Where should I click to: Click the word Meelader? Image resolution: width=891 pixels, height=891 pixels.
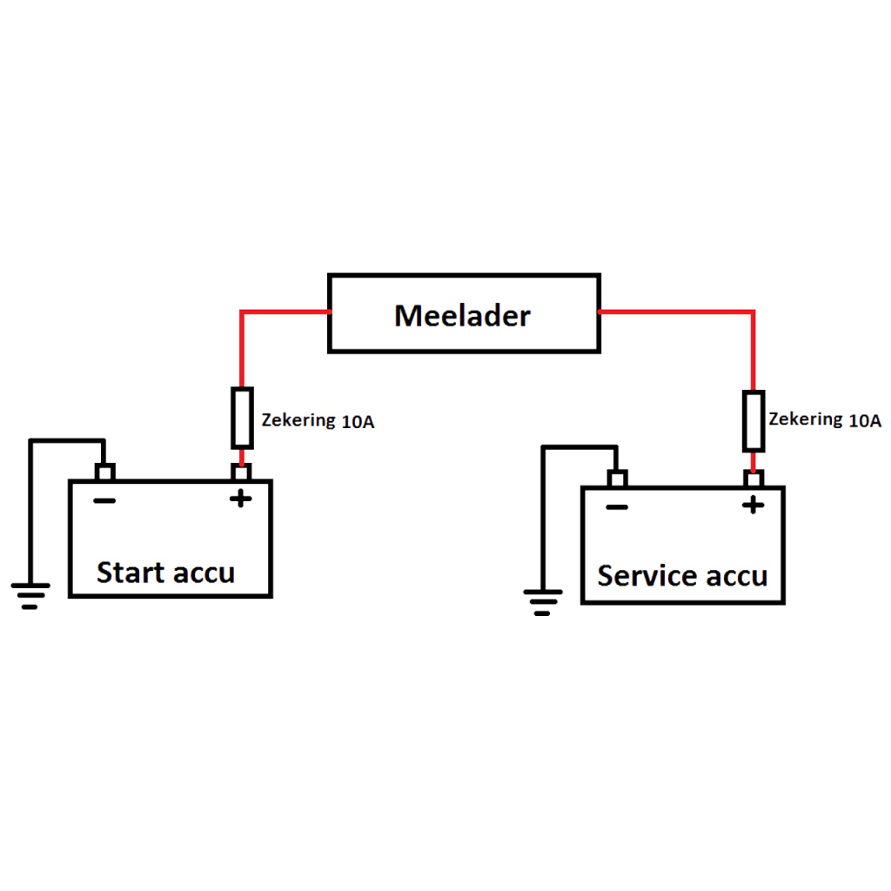[x=462, y=315]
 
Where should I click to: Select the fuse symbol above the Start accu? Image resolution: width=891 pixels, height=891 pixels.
[x=243, y=417]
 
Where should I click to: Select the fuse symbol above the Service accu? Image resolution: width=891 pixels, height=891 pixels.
[x=754, y=421]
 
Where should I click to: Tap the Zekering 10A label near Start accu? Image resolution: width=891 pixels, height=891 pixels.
[x=318, y=421]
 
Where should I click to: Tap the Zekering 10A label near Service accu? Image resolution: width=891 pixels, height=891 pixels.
[x=825, y=420]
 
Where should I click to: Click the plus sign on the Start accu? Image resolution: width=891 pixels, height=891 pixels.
[x=240, y=499]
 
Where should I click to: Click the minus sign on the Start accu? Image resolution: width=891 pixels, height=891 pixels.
[x=104, y=500]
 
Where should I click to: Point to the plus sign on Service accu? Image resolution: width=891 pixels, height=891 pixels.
[x=753, y=505]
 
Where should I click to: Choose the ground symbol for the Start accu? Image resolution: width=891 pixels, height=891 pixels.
[x=30, y=595]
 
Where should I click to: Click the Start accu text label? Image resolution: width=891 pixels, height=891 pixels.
[x=165, y=573]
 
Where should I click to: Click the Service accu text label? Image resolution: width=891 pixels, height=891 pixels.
[x=682, y=576]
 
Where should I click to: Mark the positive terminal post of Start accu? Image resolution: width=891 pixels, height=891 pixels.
[x=242, y=472]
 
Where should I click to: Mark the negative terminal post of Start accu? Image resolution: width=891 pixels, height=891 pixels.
[x=104, y=472]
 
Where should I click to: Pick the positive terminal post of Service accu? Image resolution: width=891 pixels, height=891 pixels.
[x=754, y=479]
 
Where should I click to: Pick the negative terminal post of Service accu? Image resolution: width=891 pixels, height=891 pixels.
[x=617, y=479]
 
